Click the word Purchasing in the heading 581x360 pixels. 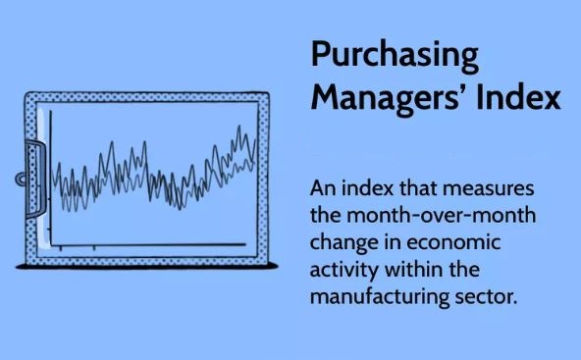pos(395,56)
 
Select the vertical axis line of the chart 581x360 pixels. pos(50,177)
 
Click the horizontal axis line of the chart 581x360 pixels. pos(147,243)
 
